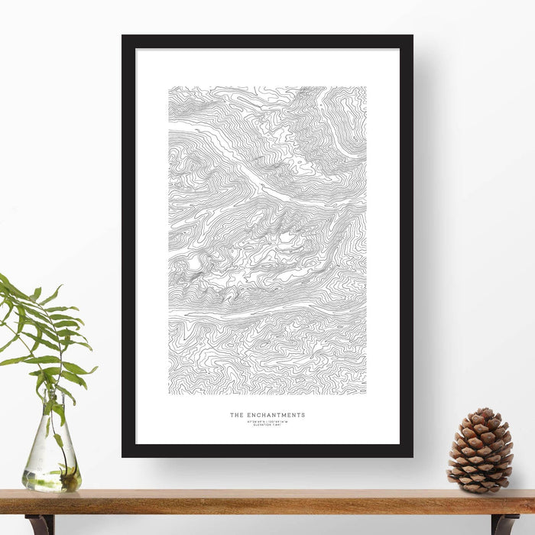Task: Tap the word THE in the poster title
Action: coord(237,416)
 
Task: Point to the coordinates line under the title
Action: coord(267,421)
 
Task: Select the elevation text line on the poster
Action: coord(267,425)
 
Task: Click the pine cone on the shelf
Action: coord(480,451)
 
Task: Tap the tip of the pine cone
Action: coord(482,411)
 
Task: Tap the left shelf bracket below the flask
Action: coord(38,524)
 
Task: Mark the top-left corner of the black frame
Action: coord(123,36)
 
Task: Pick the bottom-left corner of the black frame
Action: coord(123,456)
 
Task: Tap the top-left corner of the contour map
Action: coord(169,87)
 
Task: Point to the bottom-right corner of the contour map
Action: coord(365,394)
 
